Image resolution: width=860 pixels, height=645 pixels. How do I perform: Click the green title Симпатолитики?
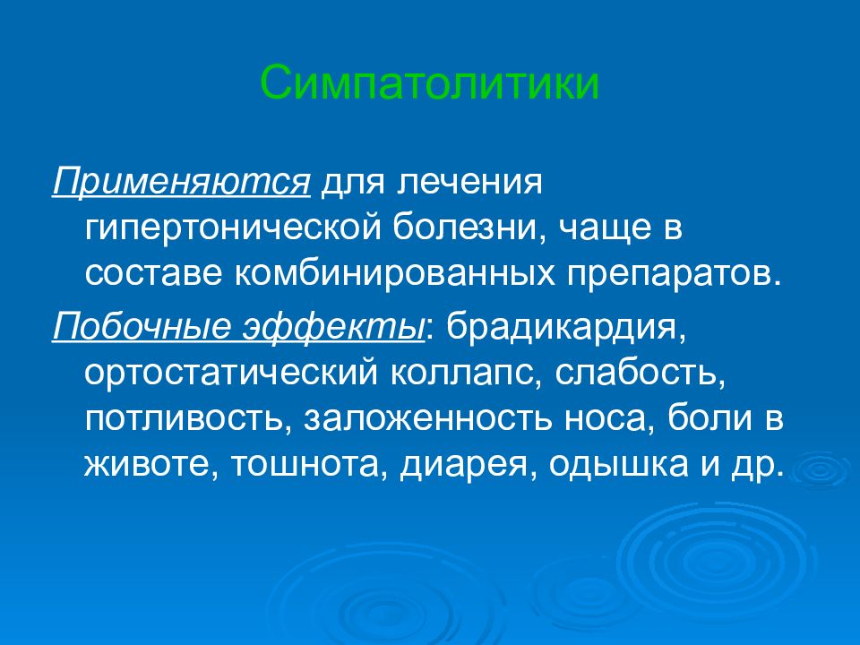429,83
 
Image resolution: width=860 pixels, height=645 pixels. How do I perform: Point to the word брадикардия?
567,327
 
